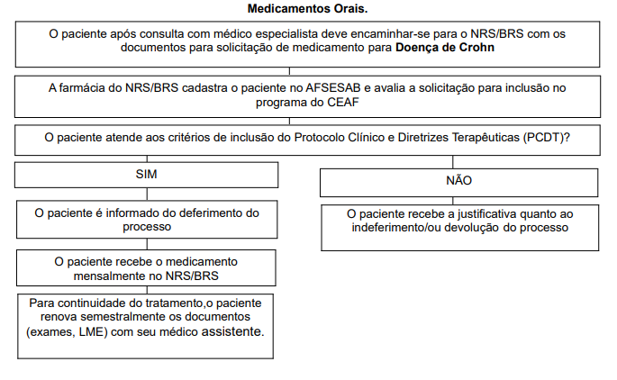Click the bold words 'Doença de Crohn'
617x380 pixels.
point(445,48)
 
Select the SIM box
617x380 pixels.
point(146,174)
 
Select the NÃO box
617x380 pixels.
point(458,181)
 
